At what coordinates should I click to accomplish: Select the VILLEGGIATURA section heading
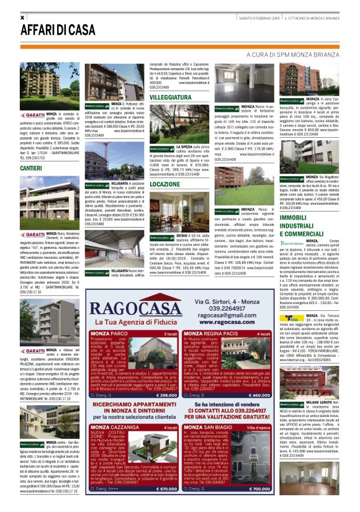[x=171, y=98]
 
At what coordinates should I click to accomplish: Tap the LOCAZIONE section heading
[x=165, y=184]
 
